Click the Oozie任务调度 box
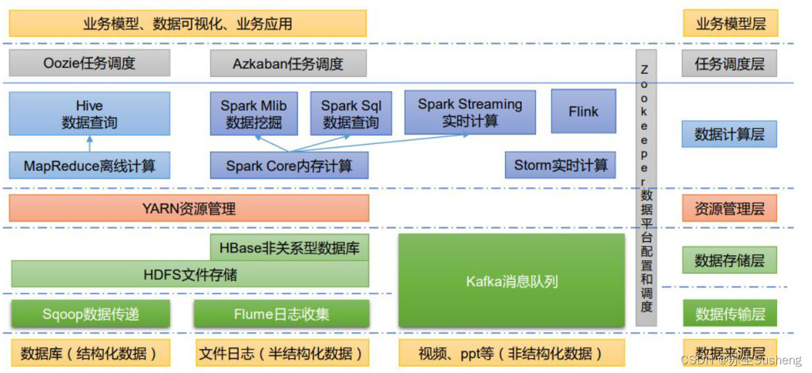point(89,64)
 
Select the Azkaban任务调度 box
point(288,64)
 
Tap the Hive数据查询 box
point(89,114)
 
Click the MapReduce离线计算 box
point(89,165)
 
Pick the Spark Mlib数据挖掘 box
point(253,114)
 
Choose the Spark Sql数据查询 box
point(350,114)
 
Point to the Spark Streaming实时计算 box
point(470,113)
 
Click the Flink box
point(583,111)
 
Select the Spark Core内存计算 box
point(289,165)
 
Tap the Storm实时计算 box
point(560,165)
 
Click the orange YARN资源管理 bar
point(189,208)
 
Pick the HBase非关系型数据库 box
point(289,248)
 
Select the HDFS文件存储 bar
point(190,275)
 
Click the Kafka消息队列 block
point(512,281)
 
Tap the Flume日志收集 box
point(281,313)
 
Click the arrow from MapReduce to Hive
point(89,143)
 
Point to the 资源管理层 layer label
point(729,208)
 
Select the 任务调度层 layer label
point(729,64)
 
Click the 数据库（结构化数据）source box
point(89,353)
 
